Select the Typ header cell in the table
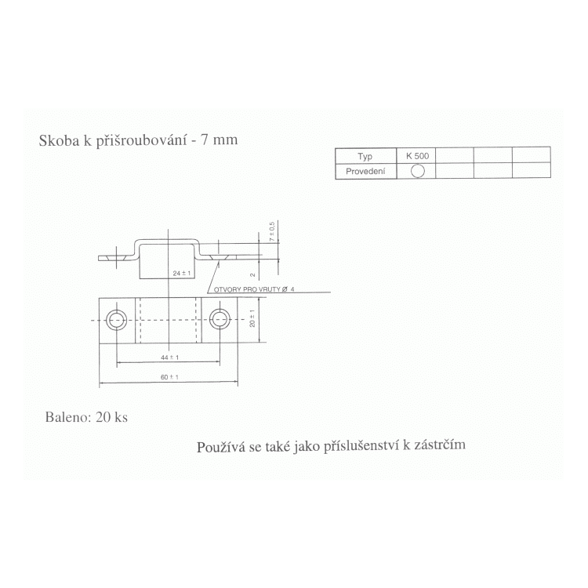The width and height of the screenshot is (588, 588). (365, 156)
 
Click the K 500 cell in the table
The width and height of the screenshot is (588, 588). (417, 156)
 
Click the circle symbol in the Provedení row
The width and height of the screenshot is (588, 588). (418, 171)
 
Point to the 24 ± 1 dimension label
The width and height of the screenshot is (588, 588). (182, 274)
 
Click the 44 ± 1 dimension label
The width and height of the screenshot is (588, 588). (170, 358)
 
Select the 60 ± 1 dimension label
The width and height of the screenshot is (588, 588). (169, 377)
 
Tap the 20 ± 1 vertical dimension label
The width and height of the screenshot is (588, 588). (252, 318)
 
